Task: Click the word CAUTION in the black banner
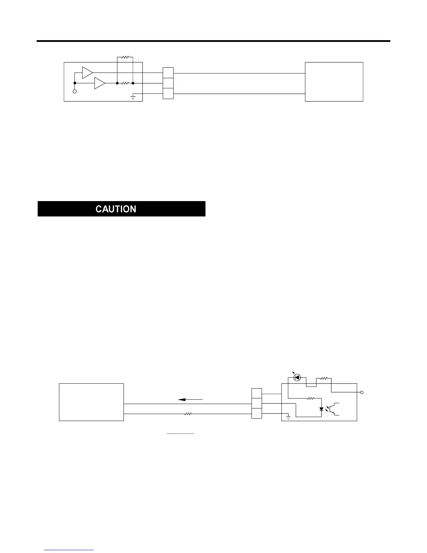pos(116,209)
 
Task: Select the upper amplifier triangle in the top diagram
pos(87,73)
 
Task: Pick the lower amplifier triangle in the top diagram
pos(99,83)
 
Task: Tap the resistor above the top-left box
pos(125,57)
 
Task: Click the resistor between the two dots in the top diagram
pos(125,83)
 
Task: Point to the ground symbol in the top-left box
pos(133,97)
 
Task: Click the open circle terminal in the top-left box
pos(75,91)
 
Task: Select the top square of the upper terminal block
pos(168,73)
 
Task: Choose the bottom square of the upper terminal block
pos(168,94)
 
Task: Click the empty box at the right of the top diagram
pos(334,82)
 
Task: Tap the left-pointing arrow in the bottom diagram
pos(190,399)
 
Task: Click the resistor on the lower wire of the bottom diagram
pos(188,414)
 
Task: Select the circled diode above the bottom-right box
pos(297,377)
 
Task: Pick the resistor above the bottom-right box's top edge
pos(323,378)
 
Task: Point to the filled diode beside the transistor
pos(322,409)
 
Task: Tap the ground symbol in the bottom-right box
pos(288,417)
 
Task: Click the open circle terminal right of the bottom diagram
pos(362,393)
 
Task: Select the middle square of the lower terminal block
pos(257,404)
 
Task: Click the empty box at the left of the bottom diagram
pos(91,402)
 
